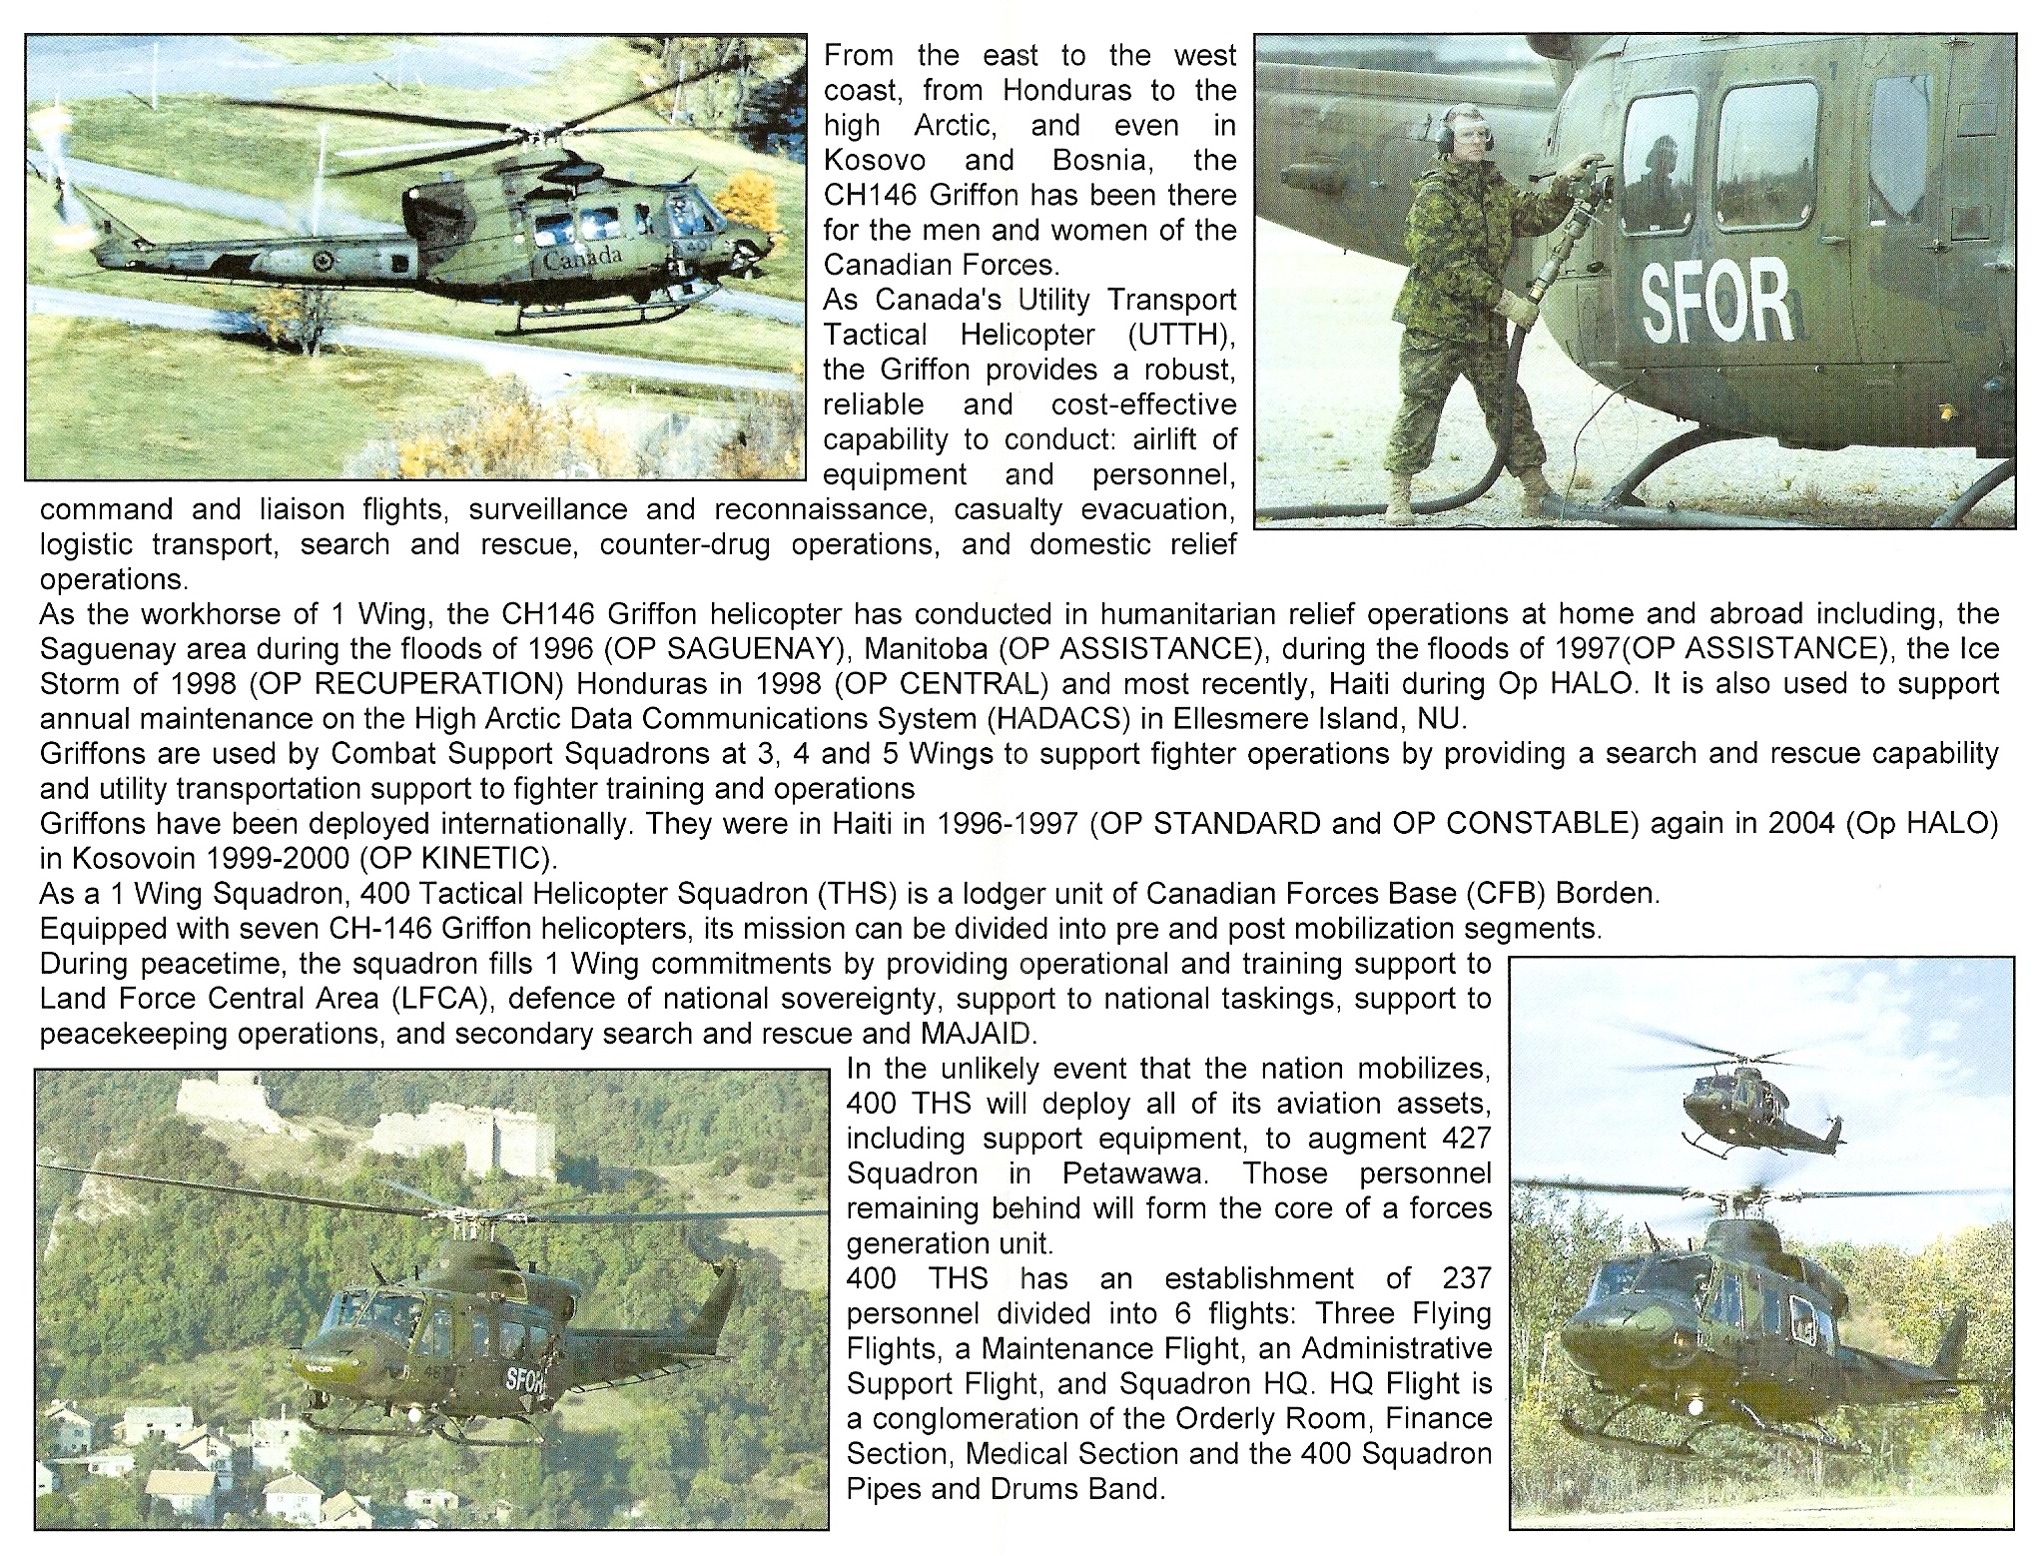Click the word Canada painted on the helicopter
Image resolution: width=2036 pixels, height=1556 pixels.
(x=584, y=258)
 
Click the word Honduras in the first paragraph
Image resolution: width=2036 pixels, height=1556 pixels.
(x=1067, y=91)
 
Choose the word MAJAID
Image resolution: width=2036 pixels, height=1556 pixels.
(x=1011, y=1034)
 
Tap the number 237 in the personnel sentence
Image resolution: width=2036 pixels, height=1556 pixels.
(x=1467, y=1278)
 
